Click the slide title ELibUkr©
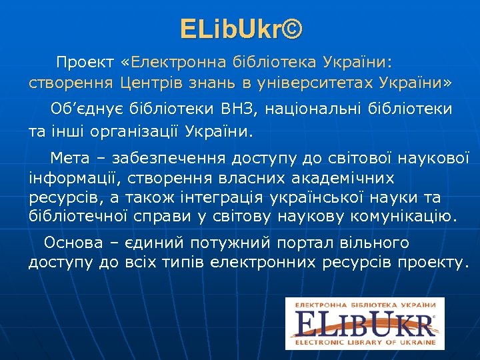(x=241, y=29)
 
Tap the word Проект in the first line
(x=85, y=63)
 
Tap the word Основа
(x=73, y=243)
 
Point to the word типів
(x=181, y=263)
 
